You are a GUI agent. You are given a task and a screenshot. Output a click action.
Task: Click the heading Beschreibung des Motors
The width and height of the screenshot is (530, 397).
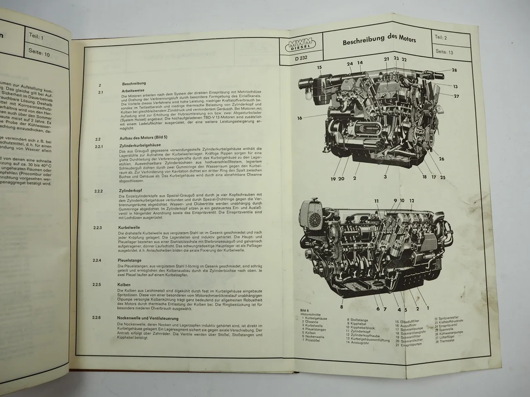[379, 41]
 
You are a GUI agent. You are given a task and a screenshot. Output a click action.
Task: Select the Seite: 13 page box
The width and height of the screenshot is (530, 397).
[445, 52]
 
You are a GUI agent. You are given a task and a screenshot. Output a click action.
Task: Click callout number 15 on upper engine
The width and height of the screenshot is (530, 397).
[320, 67]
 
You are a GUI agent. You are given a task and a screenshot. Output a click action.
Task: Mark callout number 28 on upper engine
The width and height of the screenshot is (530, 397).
[454, 70]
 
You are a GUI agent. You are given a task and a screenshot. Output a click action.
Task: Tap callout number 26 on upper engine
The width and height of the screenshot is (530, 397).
[441, 159]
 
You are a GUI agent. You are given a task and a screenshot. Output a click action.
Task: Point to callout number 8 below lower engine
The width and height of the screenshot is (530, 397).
[342, 306]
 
